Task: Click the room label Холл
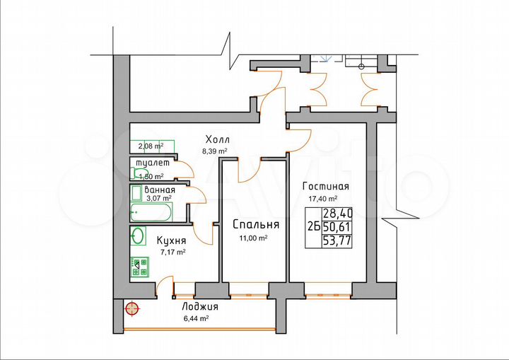pos(218,139)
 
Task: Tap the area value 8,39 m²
pos(215,151)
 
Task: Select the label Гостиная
pos(325,187)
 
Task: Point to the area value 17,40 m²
pos(322,199)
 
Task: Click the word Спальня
pos(256,225)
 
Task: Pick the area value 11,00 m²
pos(253,238)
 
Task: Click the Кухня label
pos(172,240)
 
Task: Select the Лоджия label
pos(200,307)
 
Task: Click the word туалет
pos(153,163)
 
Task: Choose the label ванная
pos(160,190)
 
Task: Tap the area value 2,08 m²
pos(151,146)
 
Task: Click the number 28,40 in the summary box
pos(337,213)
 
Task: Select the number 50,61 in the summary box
pos(337,226)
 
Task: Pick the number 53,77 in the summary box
pos(337,240)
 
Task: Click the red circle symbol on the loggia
pos(131,308)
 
